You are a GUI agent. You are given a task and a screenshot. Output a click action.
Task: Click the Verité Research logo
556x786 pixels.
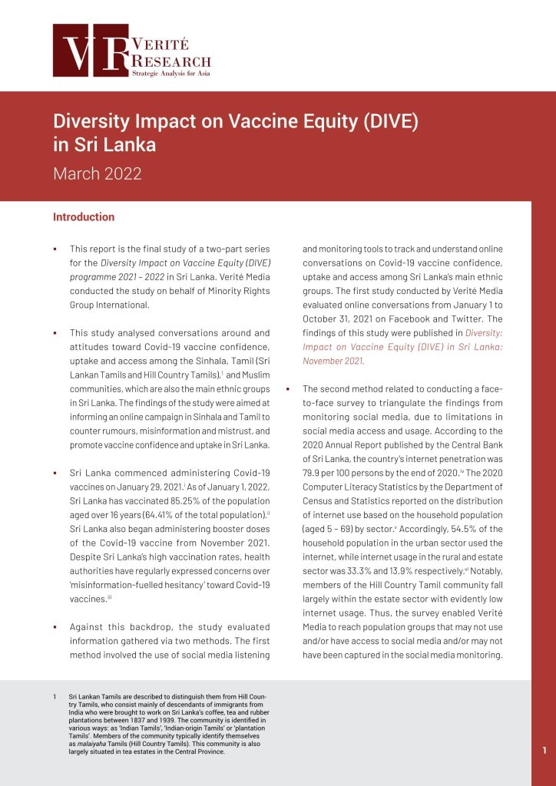tap(131, 51)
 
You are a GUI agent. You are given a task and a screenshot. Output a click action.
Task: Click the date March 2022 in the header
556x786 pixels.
tap(97, 173)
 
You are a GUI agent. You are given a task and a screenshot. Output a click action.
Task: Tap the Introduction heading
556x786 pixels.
tap(84, 217)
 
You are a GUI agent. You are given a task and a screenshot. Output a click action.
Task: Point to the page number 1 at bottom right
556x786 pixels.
tap(544, 751)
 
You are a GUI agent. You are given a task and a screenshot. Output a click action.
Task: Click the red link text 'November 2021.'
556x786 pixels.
tap(333, 361)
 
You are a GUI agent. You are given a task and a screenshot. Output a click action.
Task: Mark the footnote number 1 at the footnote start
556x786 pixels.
tap(55, 696)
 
